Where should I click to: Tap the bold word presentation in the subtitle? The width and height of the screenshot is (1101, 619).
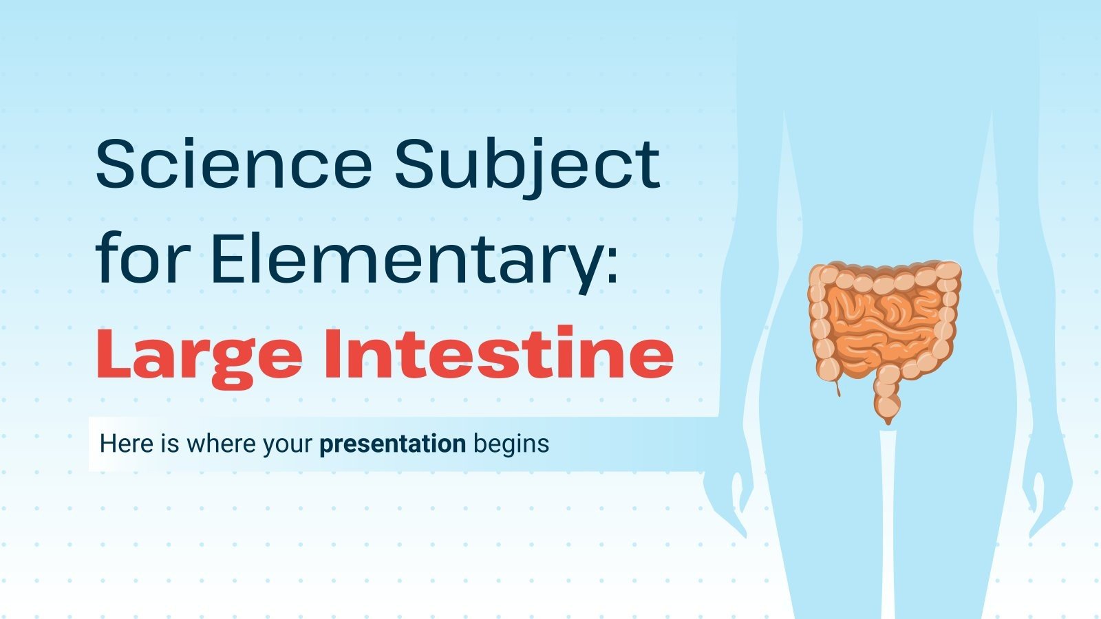pos(392,444)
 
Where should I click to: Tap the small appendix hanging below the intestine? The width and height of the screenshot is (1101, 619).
pos(837,388)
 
